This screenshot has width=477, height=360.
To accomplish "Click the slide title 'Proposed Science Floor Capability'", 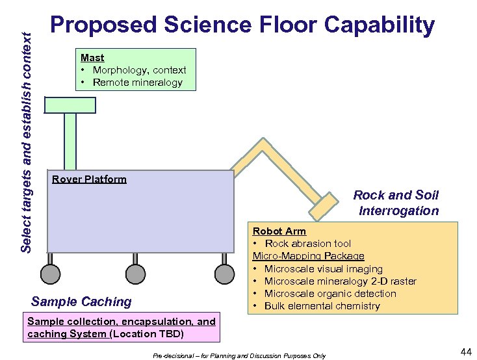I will (242, 25).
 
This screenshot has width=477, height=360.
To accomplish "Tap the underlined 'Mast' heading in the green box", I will (92, 57).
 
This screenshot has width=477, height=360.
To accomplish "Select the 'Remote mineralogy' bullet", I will (137, 82).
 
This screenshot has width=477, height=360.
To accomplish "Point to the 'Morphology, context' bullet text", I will (139, 70).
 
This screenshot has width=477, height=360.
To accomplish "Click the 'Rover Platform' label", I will (88, 179).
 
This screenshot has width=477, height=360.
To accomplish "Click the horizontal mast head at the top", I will (70, 105).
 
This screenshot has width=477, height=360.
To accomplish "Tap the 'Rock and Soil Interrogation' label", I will (396, 203).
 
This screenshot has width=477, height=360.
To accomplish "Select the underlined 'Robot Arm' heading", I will (279, 231).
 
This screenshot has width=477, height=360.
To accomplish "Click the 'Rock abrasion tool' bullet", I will (307, 243).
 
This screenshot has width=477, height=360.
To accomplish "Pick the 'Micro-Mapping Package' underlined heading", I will (308, 256).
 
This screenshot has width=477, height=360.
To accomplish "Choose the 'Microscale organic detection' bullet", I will (329, 293).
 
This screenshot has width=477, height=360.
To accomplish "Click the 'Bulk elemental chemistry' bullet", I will (321, 305).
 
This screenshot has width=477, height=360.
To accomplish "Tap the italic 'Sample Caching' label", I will (81, 301).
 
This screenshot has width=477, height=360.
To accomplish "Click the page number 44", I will (465, 352).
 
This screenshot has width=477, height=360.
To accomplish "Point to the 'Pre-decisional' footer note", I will (239, 355).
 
